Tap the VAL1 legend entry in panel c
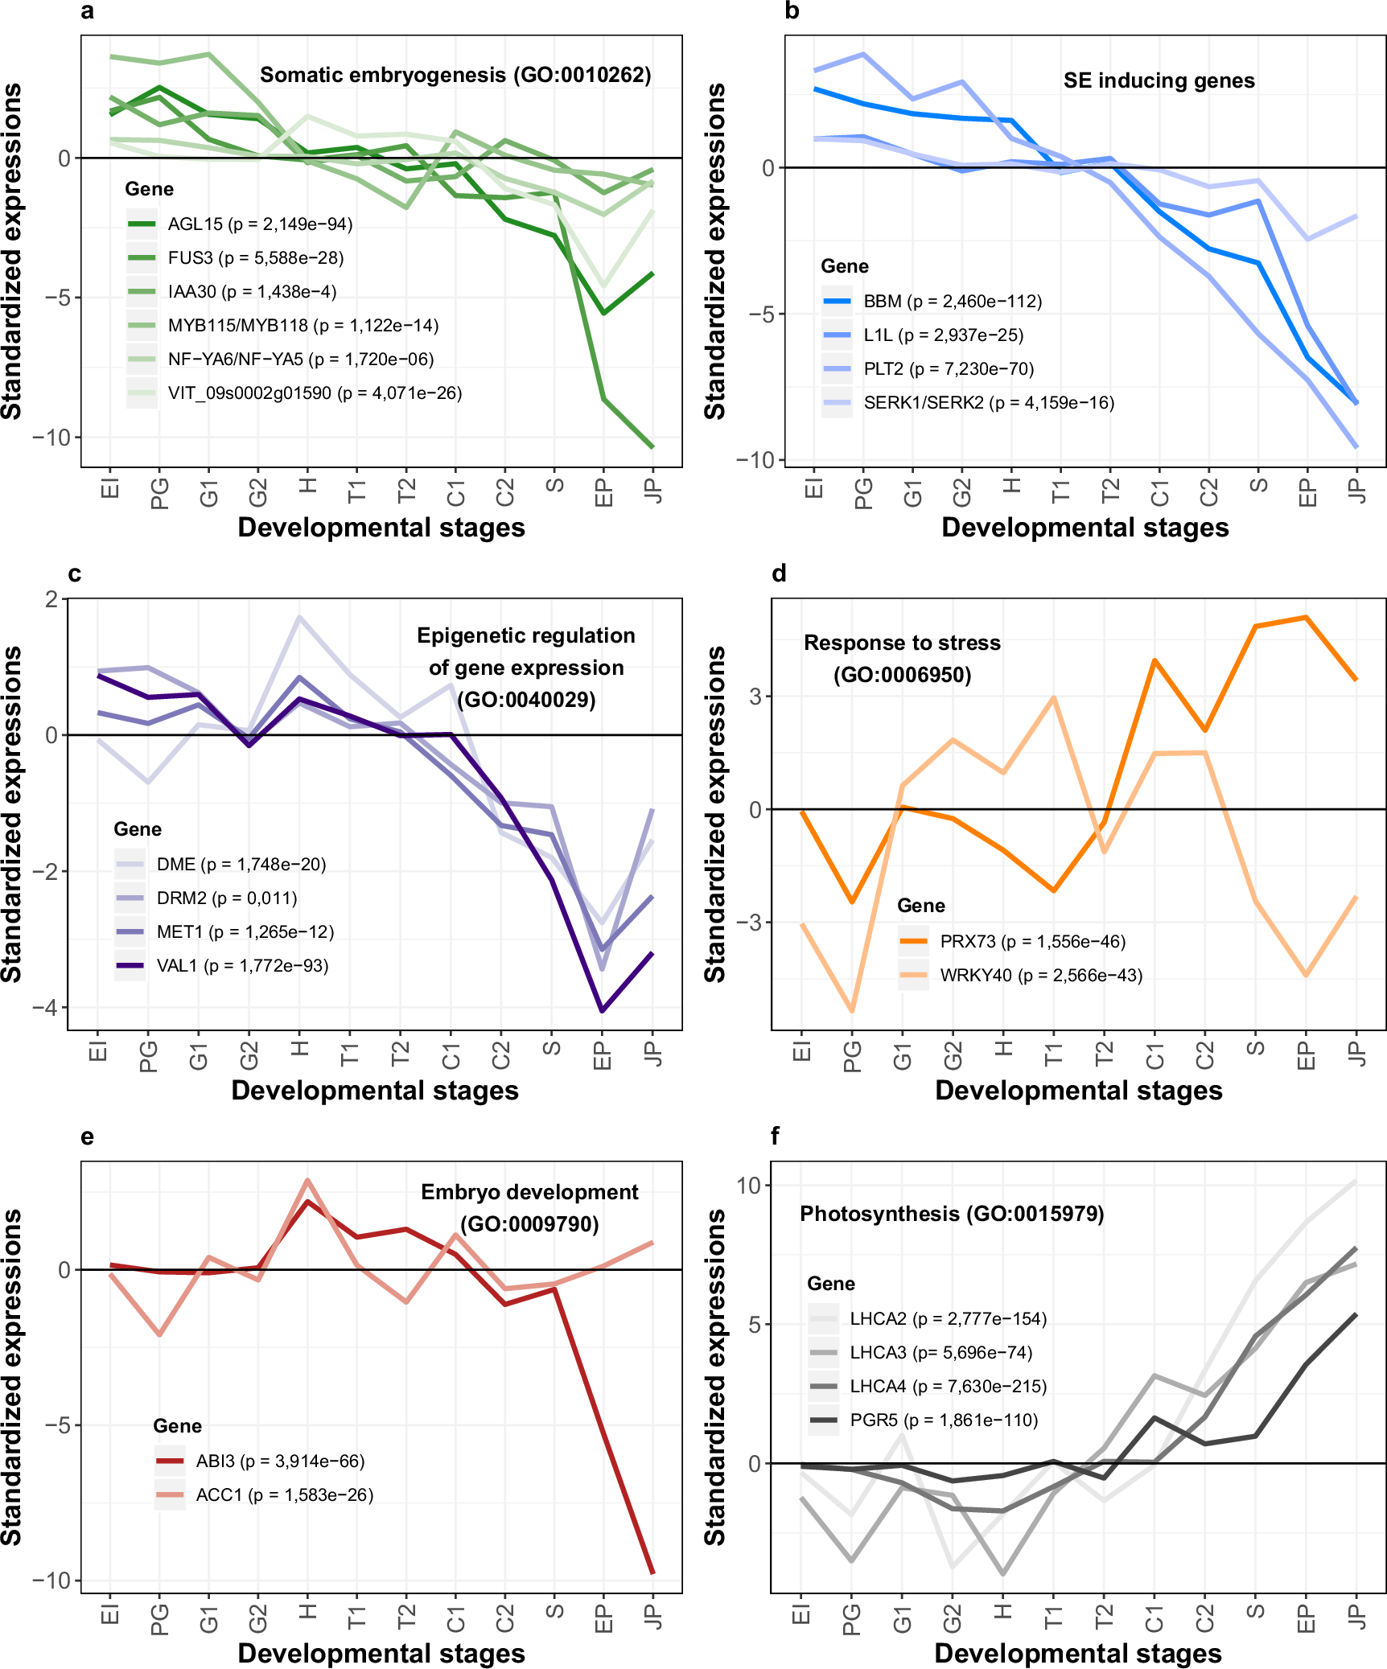coord(242,965)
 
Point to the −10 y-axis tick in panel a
coord(51,438)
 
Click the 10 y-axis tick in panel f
coord(748,1186)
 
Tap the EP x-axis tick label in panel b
coord(1307,491)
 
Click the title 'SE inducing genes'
coord(1159,80)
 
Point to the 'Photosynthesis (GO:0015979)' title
coord(952,1213)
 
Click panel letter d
coord(778,573)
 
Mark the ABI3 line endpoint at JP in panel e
coord(652,1572)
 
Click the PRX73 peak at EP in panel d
coord(1306,617)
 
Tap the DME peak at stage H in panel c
coord(299,617)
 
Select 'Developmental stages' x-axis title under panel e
coord(381,1653)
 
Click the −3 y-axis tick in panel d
coord(754,923)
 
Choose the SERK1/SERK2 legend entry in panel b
coord(989,403)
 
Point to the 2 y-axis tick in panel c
coord(52,599)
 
